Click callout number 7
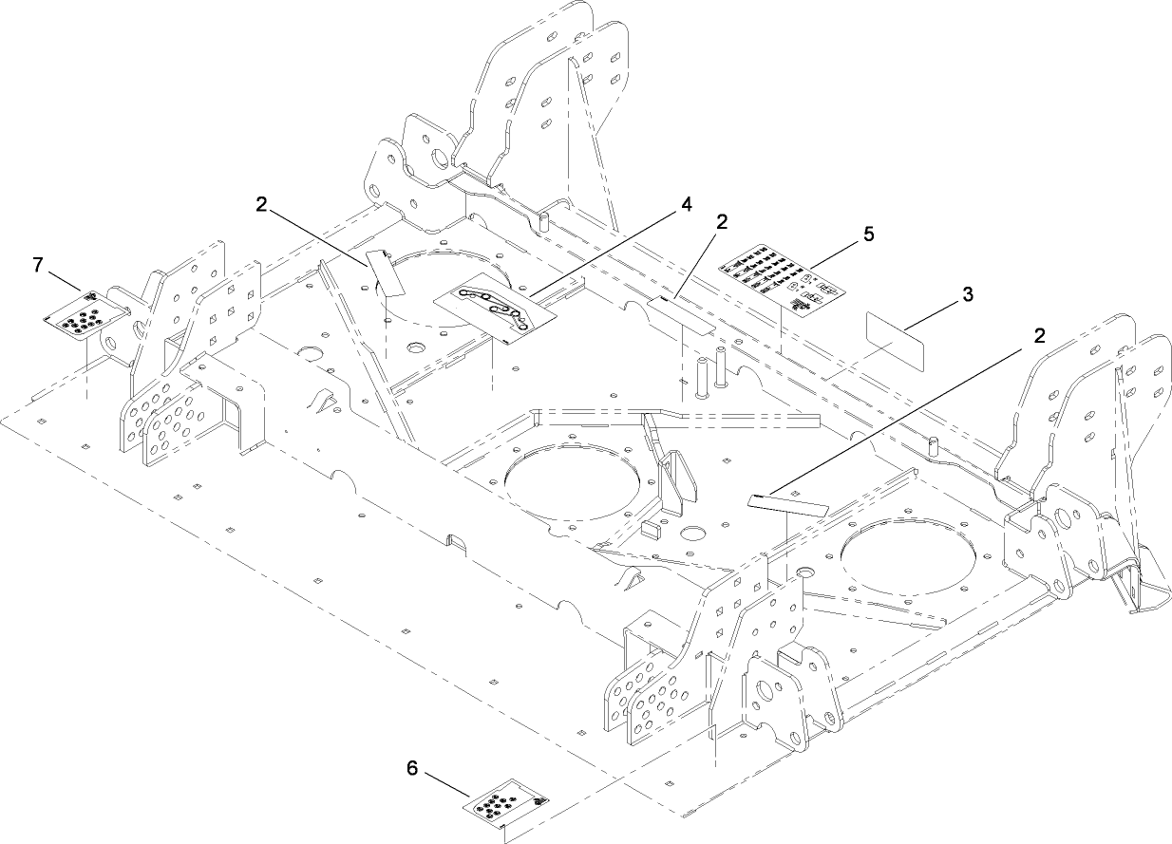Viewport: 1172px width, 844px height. (x=38, y=265)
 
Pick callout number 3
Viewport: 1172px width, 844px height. (x=967, y=294)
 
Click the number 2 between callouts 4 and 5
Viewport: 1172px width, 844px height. (x=723, y=221)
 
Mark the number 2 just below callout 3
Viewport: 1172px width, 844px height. (x=1040, y=335)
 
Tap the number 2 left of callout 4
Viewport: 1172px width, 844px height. (x=261, y=202)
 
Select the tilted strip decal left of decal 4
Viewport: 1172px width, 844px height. (x=385, y=272)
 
